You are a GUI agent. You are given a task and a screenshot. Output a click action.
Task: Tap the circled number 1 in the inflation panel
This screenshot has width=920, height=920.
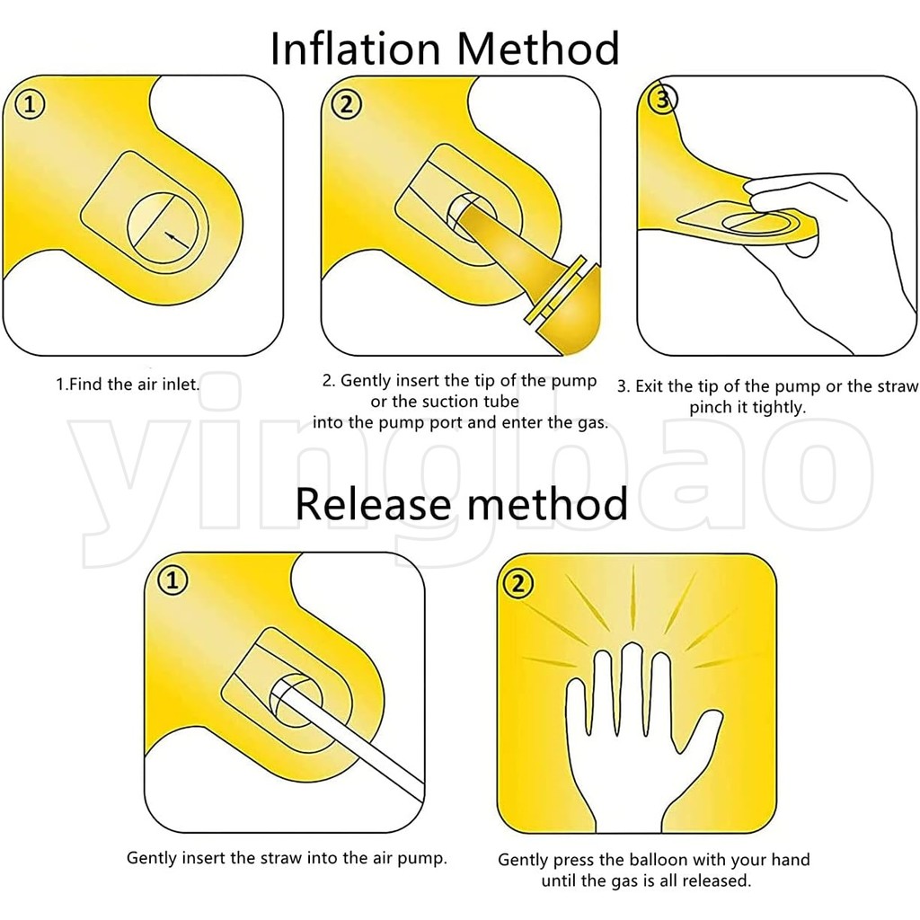click(30, 105)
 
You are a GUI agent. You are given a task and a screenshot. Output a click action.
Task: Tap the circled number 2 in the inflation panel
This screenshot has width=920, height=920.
click(346, 105)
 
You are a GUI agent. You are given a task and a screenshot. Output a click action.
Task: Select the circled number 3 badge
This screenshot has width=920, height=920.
click(662, 101)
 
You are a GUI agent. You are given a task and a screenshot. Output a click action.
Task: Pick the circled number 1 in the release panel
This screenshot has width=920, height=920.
click(172, 581)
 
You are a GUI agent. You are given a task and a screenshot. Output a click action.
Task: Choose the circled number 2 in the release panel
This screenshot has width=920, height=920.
click(517, 584)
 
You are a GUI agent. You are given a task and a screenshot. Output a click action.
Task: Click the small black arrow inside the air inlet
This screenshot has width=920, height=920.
click(177, 239)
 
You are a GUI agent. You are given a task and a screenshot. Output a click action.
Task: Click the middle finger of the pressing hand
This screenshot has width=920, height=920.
click(632, 686)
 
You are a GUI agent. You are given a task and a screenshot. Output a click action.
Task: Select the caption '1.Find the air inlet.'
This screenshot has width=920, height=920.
click(128, 385)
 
